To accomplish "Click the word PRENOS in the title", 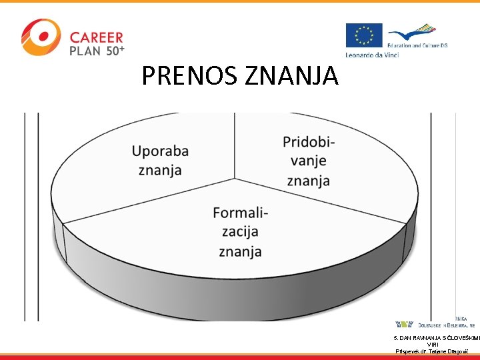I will pos(191,77).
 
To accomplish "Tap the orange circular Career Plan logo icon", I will pos(40,37).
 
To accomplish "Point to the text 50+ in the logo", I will pos(115,50).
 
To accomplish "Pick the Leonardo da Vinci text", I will pos(372,55).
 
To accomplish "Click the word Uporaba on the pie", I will pos(160,151).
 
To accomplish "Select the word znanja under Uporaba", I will pos(160,170).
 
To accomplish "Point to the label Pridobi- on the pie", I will pos(309,143).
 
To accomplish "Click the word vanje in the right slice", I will pos(309,161).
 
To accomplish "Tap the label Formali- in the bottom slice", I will pos(240,213).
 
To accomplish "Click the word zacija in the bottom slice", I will pos(240,231).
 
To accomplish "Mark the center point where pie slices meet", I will pos(235,179).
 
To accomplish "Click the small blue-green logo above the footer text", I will pos(404,324).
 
